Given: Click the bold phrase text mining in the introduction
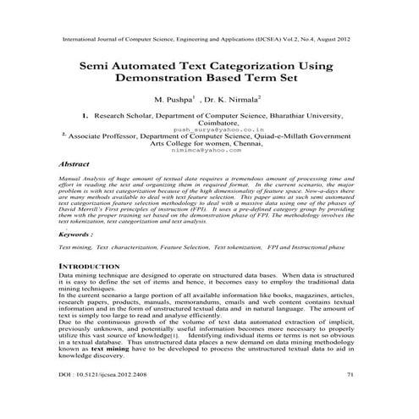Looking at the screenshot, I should click(111, 371).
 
